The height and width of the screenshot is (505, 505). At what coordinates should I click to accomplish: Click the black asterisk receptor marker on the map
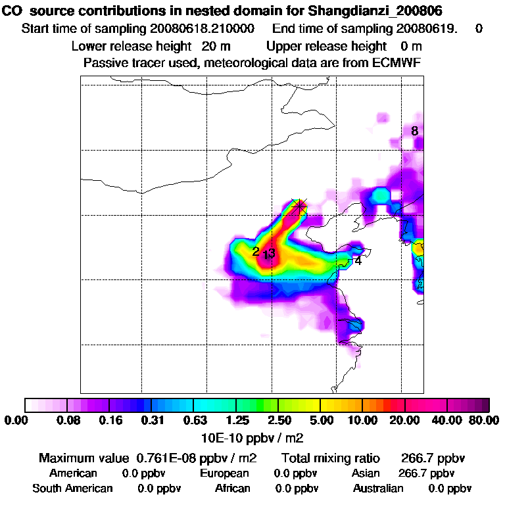(x=299, y=206)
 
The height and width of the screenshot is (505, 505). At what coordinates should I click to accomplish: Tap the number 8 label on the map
(x=414, y=131)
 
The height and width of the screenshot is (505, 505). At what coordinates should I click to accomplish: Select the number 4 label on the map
(x=358, y=260)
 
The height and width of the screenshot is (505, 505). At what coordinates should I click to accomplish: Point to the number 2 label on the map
(x=255, y=251)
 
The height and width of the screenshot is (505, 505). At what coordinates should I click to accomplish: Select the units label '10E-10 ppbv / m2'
(x=252, y=437)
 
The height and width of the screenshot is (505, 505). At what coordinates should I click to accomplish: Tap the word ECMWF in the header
(x=397, y=63)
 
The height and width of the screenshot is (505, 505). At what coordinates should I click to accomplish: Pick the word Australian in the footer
(x=378, y=489)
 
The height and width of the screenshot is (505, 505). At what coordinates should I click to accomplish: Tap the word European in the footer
(x=224, y=473)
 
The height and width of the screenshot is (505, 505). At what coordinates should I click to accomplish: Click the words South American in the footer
(x=72, y=489)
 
